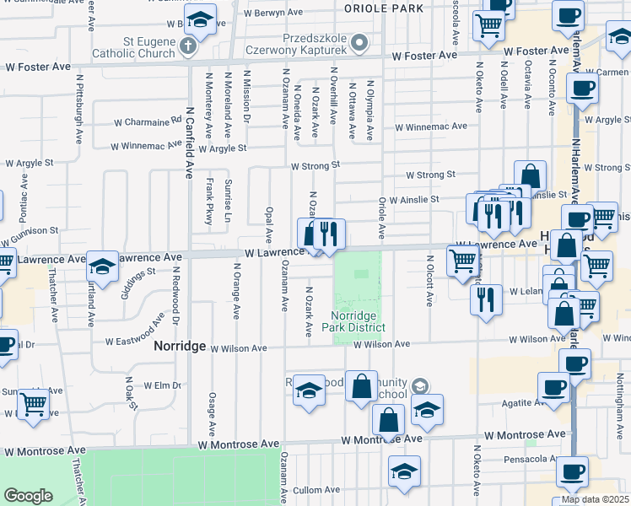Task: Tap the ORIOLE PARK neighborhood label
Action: tap(384, 8)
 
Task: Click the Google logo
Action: tap(28, 496)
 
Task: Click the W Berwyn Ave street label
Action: tap(272, 13)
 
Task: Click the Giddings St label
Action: tap(139, 277)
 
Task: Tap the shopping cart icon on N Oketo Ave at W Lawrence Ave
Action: tap(463, 261)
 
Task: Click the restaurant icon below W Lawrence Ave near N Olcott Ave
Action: tap(486, 299)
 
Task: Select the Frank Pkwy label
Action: tap(208, 201)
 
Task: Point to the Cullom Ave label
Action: tap(316, 490)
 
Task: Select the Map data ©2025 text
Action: tap(595, 499)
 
